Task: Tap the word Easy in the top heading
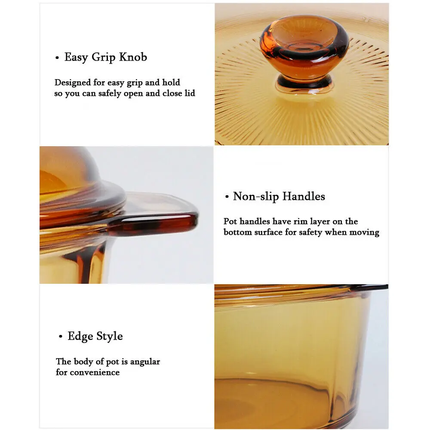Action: pos(76,57)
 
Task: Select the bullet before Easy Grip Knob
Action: pos(57,58)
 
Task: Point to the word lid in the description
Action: pos(189,93)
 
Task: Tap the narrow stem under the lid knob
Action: pos(304,81)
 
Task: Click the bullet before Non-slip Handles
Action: pos(227,197)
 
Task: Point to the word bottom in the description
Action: pos(238,232)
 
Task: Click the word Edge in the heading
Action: pos(80,336)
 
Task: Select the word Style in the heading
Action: pos(109,336)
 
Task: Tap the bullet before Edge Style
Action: pos(61,337)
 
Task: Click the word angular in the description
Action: pos(144,362)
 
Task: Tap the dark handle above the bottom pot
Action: pos(370,287)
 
